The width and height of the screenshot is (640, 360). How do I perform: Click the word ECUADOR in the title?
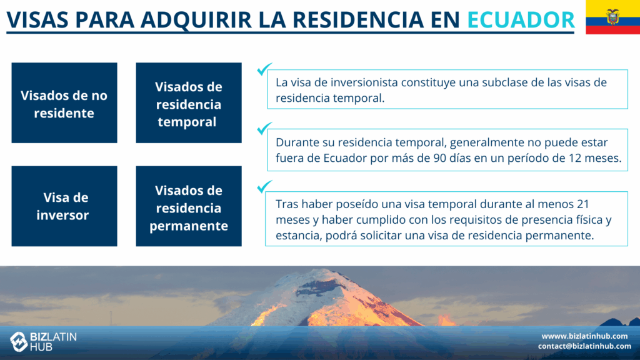click(x=521, y=19)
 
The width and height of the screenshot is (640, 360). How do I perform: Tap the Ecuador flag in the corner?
click(x=612, y=17)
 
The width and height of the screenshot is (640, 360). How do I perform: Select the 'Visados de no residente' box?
click(x=64, y=103)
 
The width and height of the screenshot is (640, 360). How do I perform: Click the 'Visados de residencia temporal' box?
click(x=189, y=103)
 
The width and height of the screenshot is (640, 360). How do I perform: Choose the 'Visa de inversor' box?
click(x=64, y=206)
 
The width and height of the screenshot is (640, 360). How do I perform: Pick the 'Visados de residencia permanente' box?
click(x=189, y=206)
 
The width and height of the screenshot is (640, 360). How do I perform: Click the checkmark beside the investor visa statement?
click(x=264, y=69)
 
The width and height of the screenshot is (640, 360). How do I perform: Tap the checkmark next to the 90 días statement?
click(x=264, y=129)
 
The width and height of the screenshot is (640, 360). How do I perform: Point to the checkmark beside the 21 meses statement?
click(x=264, y=186)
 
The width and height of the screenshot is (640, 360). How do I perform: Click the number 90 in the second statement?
click(x=440, y=158)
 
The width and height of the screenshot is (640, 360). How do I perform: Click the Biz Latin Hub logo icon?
click(x=18, y=341)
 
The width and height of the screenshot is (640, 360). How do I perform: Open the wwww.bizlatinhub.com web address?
click(x=584, y=336)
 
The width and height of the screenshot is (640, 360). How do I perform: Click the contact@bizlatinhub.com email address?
click(x=584, y=346)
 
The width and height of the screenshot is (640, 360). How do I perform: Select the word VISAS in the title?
click(x=37, y=19)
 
